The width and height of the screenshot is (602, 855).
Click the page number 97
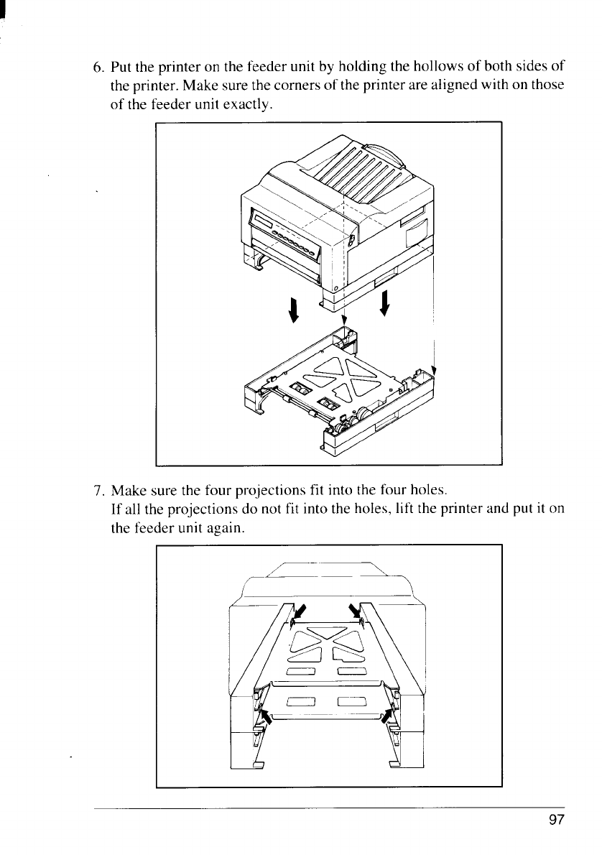[556, 820]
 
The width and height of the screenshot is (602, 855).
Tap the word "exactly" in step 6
[248, 105]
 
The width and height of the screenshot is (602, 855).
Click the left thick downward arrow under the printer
[295, 310]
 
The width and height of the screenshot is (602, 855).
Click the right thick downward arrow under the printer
[385, 303]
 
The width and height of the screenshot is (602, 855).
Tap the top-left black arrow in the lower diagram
[300, 612]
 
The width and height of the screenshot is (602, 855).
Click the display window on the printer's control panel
[261, 222]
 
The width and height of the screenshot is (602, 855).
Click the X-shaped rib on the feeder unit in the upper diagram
[341, 377]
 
